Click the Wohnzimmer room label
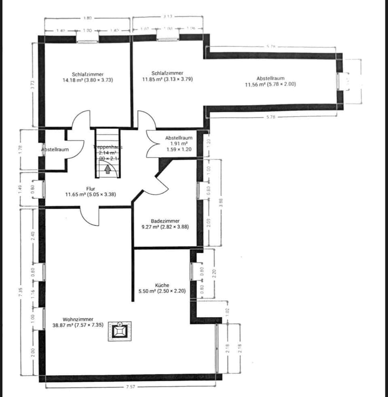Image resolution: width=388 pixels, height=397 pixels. tap(78, 319)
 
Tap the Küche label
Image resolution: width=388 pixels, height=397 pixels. tap(162, 285)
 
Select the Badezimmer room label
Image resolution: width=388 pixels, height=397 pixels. tap(165, 221)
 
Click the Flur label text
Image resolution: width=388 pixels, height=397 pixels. tap(91, 189)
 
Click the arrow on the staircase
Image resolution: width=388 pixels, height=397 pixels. tap(108, 170)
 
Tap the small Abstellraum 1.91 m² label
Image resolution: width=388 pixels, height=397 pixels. tap(179, 144)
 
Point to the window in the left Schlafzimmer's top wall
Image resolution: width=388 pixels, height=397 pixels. tap(87, 39)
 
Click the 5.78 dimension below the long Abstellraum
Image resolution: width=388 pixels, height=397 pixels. tap(271, 117)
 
